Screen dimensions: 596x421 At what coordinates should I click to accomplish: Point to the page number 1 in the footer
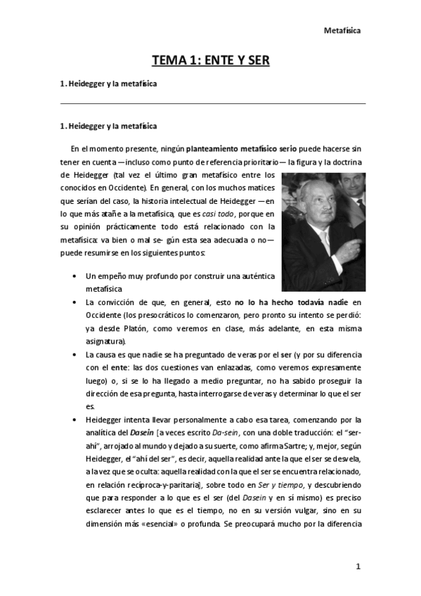click(x=358, y=566)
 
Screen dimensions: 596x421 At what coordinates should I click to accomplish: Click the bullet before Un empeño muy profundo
click(x=75, y=276)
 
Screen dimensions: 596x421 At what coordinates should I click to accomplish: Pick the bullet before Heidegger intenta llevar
click(x=75, y=420)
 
